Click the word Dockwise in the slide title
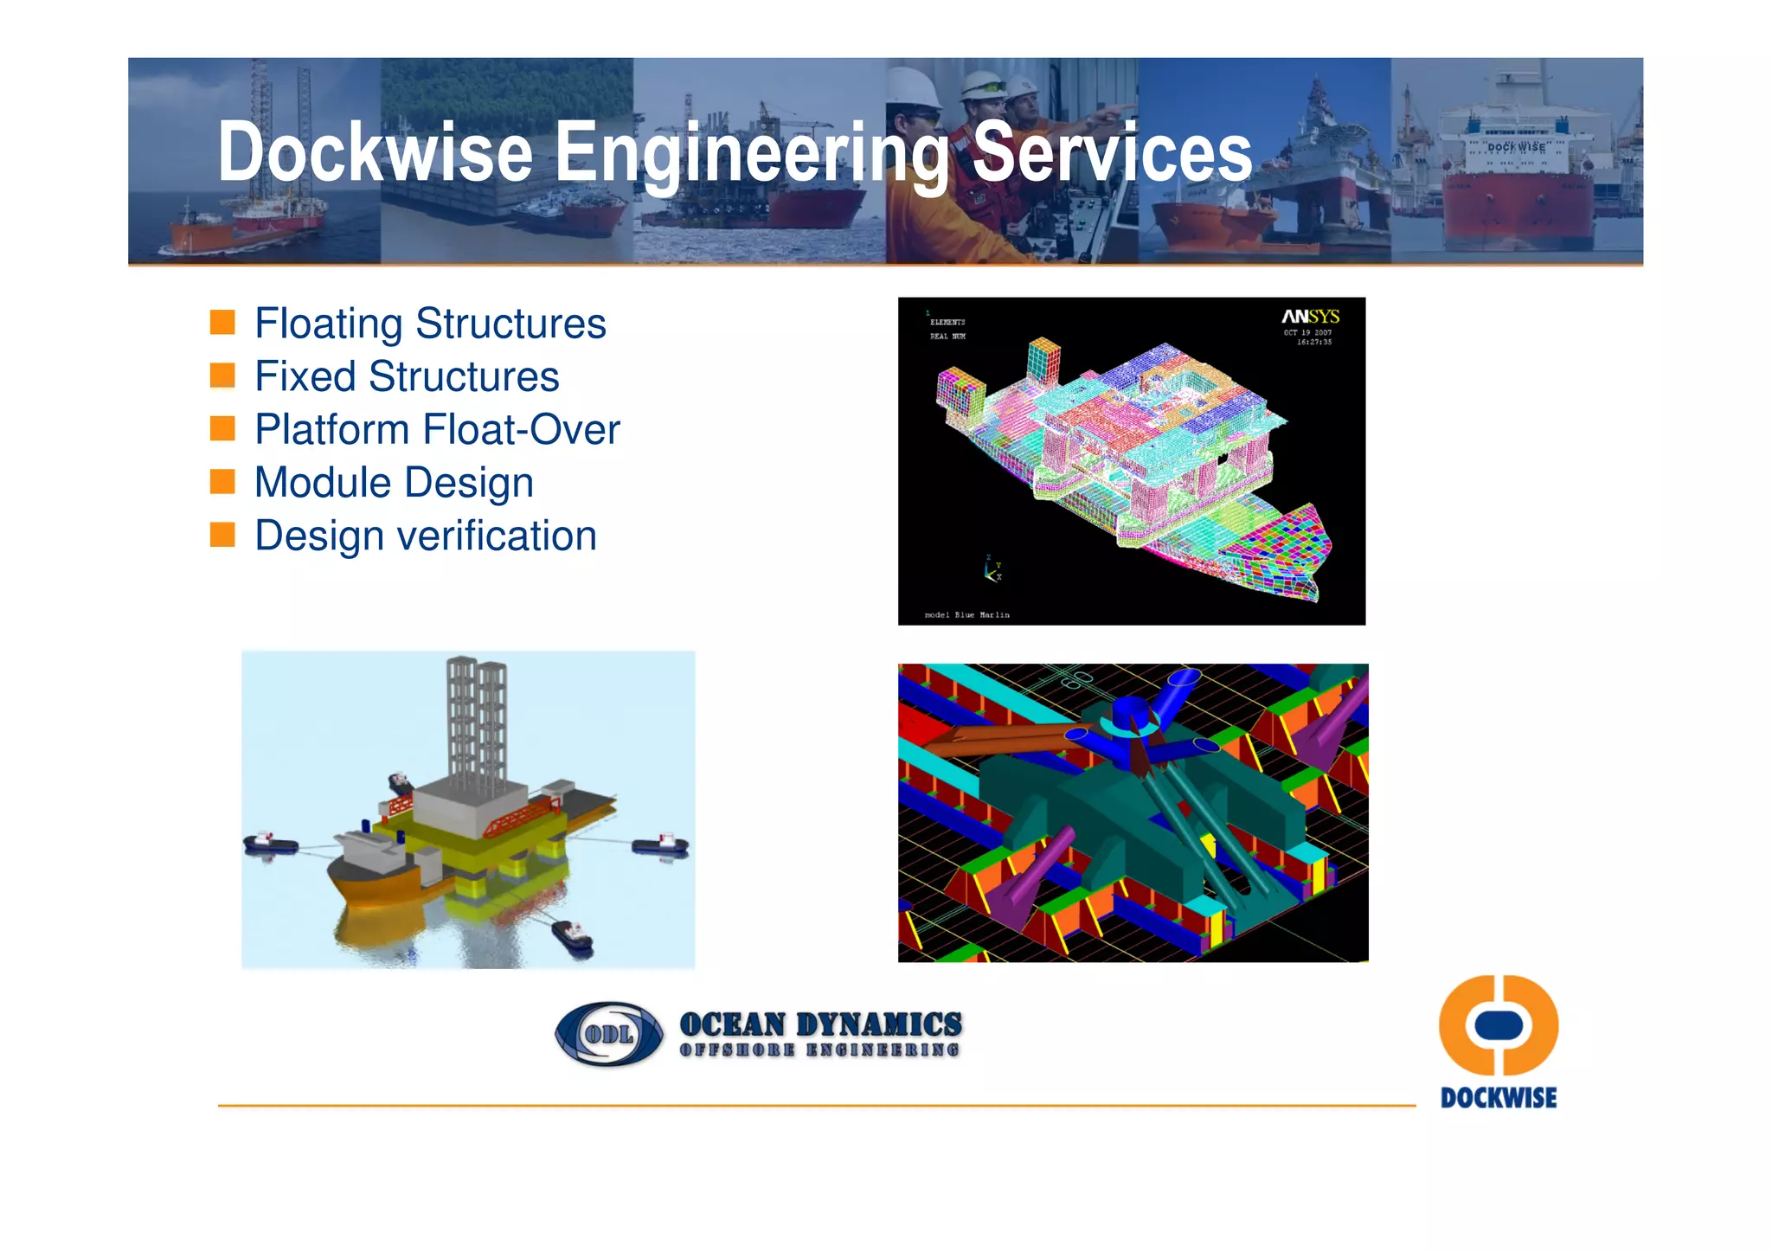(x=375, y=152)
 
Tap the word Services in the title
(x=1112, y=152)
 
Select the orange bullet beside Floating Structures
(x=222, y=323)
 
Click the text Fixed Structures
(x=407, y=376)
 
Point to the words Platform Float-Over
(x=437, y=430)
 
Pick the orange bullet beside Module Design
(x=222, y=482)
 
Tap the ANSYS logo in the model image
(x=1309, y=317)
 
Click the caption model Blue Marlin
(x=966, y=615)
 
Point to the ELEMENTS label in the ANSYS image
(x=947, y=322)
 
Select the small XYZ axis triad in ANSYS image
(x=992, y=570)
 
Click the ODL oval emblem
(x=608, y=1034)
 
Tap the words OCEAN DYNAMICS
(x=819, y=1024)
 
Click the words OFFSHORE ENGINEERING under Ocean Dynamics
(x=819, y=1050)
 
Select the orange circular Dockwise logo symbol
(x=1498, y=1025)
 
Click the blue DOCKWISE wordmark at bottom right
(x=1498, y=1098)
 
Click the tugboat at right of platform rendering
(x=661, y=845)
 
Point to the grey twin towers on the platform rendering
(x=476, y=718)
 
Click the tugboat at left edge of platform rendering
(x=270, y=842)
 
